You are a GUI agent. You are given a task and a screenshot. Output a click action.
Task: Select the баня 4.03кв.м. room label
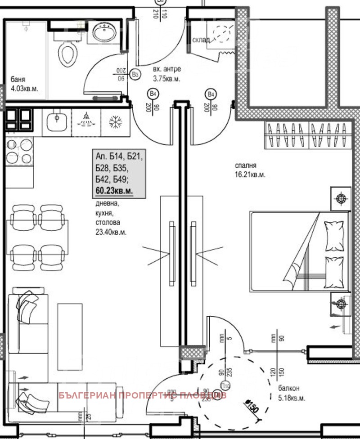pyautogui.click(x=24, y=84)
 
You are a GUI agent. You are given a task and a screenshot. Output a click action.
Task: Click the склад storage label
pyautogui.click(x=201, y=40)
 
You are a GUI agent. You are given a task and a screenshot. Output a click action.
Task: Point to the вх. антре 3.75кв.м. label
pyautogui.click(x=166, y=74)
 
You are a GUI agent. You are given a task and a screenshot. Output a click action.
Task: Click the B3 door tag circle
pyautogui.click(x=134, y=74)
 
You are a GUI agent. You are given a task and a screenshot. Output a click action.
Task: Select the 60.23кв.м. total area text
pyautogui.click(x=114, y=191)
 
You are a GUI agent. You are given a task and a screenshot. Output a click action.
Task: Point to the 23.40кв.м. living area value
pyautogui.click(x=111, y=233)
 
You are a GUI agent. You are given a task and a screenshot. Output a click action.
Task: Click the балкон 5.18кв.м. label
pyautogui.click(x=292, y=393)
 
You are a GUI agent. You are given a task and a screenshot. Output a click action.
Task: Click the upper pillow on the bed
pyautogui.click(x=333, y=236)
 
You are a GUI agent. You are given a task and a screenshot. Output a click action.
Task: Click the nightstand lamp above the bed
pyautogui.click(x=340, y=198)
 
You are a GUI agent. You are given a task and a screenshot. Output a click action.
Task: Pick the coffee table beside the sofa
pyautogui.click(x=70, y=333)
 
